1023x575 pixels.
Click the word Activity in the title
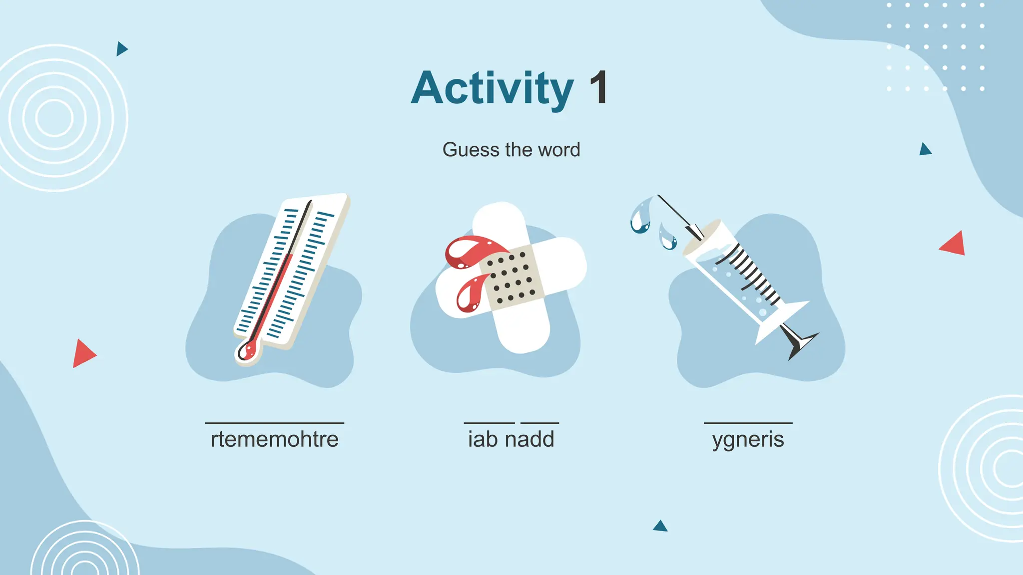[492, 89]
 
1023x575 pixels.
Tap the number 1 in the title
[598, 88]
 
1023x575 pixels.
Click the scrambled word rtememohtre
[274, 439]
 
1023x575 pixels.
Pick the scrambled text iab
[483, 439]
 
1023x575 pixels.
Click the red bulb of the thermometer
[247, 351]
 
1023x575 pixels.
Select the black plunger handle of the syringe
[799, 342]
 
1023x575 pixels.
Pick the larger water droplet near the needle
[641, 217]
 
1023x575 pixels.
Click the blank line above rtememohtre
[274, 423]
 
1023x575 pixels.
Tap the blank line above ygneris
[748, 423]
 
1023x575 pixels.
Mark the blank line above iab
[489, 423]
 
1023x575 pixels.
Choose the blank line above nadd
[539, 423]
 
